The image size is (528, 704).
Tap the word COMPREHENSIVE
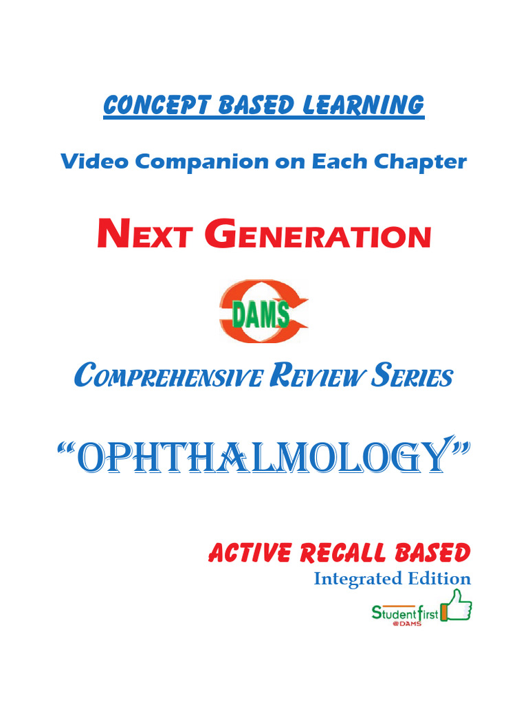click(168, 376)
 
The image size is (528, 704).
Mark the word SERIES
click(412, 376)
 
